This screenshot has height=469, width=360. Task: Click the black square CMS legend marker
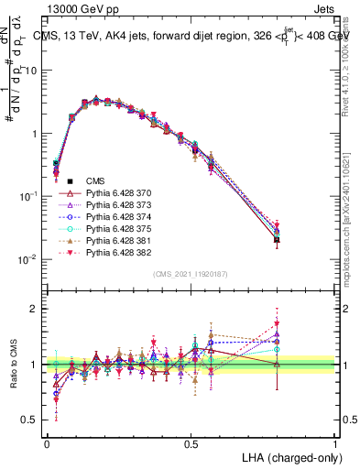coord(69,182)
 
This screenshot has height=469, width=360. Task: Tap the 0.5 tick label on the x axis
coord(191,444)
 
